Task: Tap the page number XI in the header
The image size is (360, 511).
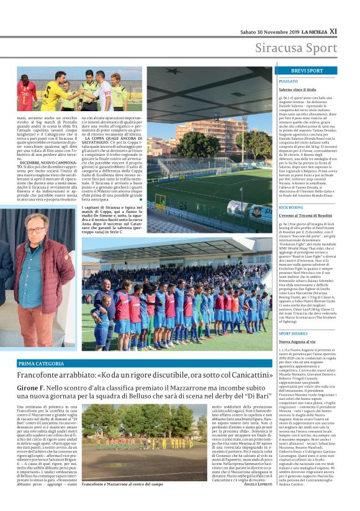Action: click(333, 30)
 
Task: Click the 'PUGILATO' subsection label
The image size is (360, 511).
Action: click(288, 81)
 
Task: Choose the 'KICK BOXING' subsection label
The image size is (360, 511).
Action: click(291, 207)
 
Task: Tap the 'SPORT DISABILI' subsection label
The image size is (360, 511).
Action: click(294, 334)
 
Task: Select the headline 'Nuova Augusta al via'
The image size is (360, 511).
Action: click(302, 342)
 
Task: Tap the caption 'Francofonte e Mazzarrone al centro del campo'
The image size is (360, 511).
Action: click(122, 484)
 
